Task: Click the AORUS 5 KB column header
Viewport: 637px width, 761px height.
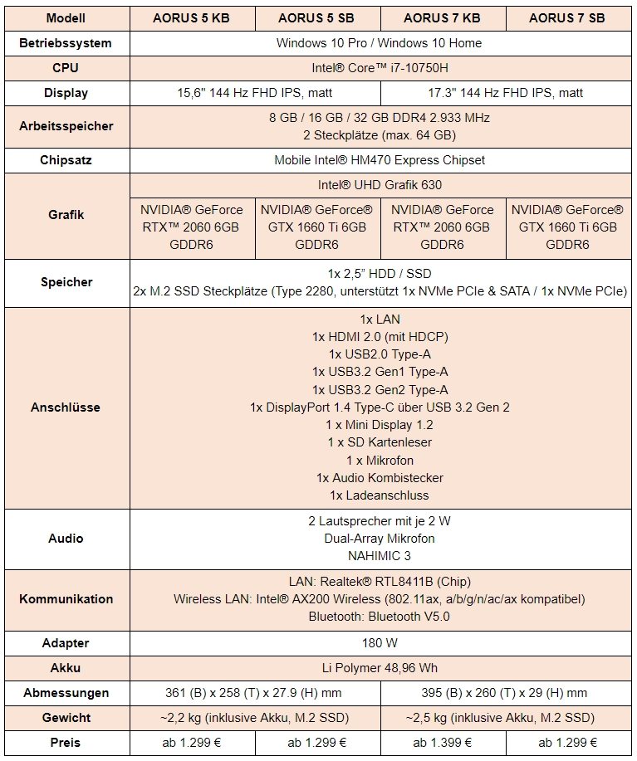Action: pos(192,18)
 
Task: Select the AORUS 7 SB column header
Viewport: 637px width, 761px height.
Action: pos(566,18)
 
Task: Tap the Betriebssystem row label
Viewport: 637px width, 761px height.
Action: pos(66,43)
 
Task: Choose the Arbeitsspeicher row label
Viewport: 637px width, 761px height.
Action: pos(66,126)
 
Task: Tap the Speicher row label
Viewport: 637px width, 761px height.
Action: pos(66,282)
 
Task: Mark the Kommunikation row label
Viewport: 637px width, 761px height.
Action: pos(66,598)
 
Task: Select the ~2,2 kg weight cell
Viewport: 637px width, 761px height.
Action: pos(255,717)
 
